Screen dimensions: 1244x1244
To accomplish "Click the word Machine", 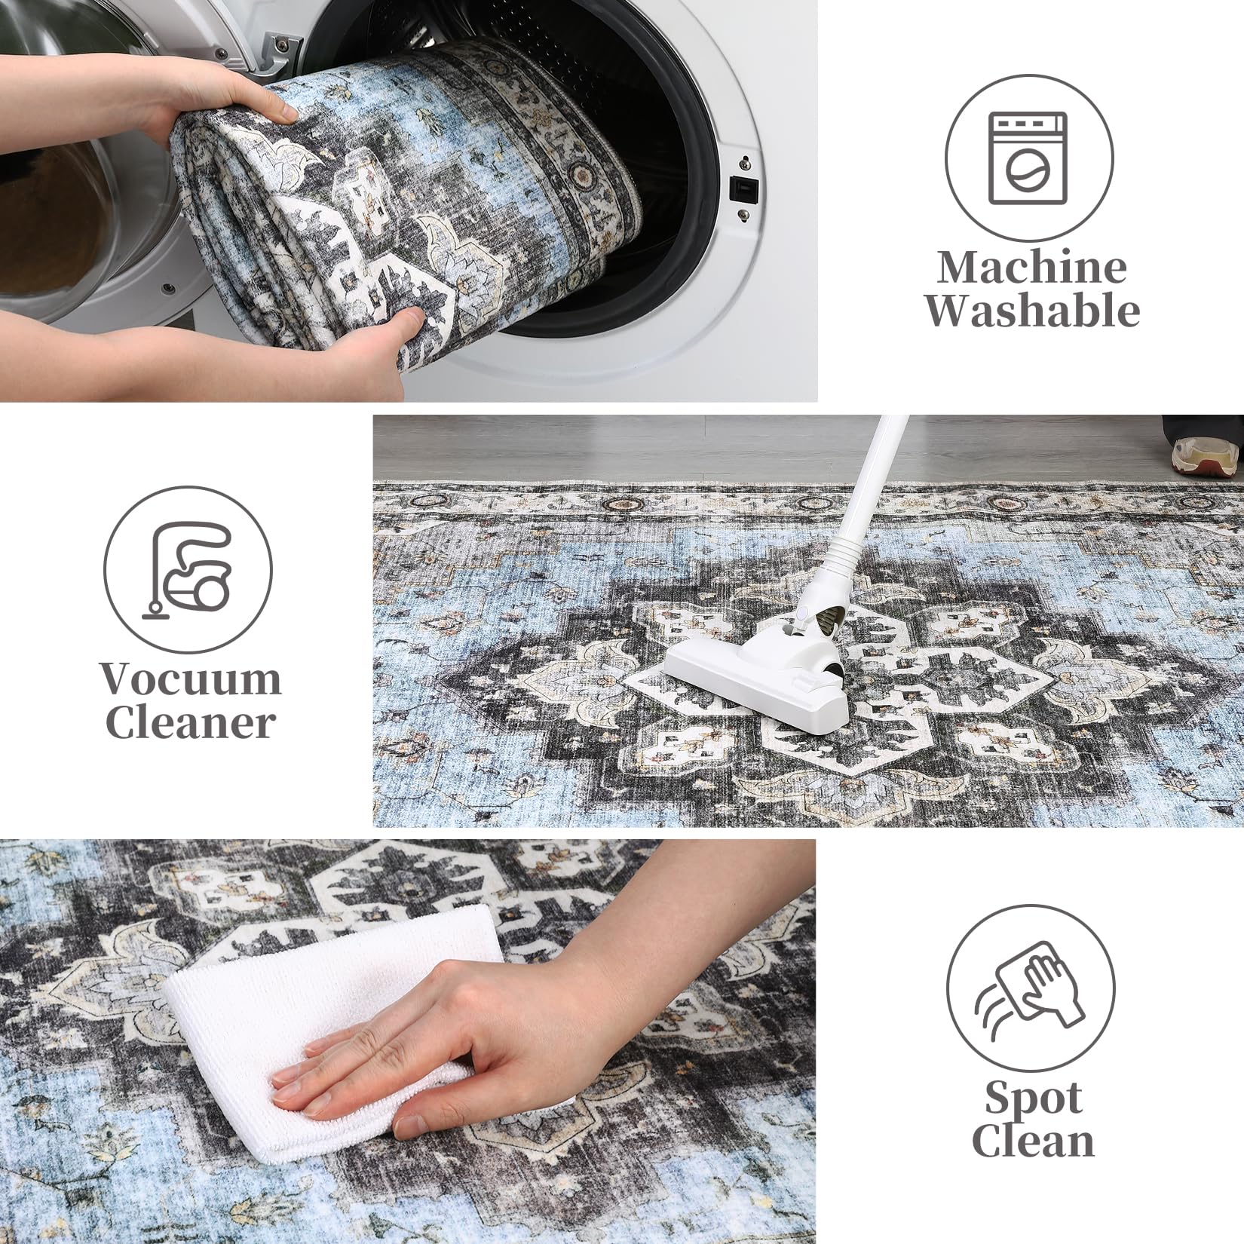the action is click(1032, 268).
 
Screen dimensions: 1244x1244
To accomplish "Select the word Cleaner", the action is click(190, 722).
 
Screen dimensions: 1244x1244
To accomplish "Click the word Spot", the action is click(1033, 1098).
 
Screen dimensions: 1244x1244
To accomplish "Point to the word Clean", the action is click(1032, 1141).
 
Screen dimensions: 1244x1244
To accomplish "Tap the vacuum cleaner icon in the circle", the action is click(188, 571).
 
